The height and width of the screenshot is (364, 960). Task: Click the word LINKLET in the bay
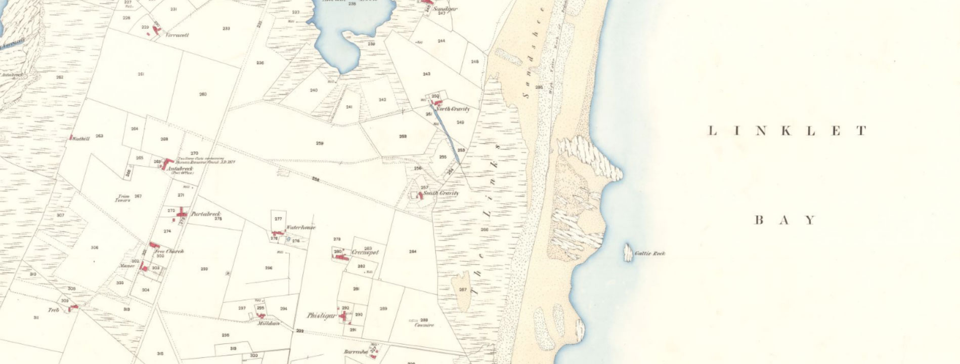(787, 132)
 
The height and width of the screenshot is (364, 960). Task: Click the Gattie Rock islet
(628, 252)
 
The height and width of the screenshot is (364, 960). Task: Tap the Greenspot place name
(365, 252)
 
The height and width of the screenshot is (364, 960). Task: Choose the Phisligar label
(321, 315)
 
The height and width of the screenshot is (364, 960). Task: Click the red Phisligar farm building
(345, 316)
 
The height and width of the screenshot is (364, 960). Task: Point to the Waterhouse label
(301, 227)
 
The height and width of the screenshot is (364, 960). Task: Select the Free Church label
(169, 251)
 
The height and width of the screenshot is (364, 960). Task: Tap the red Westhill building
(71, 137)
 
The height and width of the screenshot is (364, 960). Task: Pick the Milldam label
(268, 323)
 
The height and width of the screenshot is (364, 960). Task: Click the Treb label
(54, 309)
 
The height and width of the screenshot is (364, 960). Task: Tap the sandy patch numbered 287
(462, 290)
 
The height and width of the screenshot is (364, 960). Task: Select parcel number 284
(413, 252)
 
